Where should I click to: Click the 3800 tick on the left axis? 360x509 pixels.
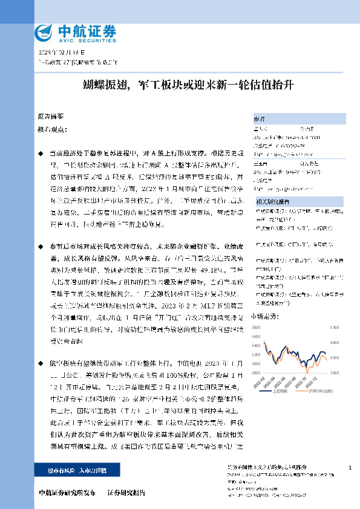256,328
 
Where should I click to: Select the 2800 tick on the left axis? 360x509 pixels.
256,365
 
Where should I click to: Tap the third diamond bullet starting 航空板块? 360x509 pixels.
41,365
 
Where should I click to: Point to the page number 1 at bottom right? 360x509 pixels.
350,468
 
